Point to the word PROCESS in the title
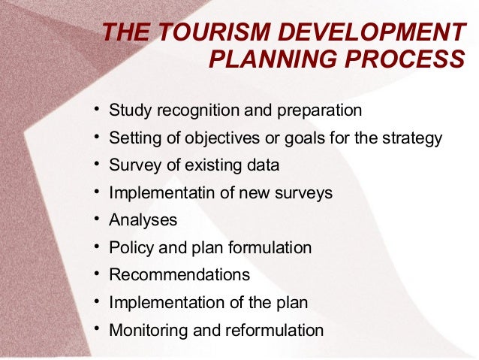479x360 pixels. point(411,59)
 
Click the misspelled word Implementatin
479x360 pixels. point(162,193)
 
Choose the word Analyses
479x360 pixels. point(143,220)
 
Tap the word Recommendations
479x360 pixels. point(179,275)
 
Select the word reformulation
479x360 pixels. point(270,330)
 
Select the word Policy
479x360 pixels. point(131,248)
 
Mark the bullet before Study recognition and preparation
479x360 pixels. point(98,110)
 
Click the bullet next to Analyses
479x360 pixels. point(98,219)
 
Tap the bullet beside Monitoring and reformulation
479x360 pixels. point(98,329)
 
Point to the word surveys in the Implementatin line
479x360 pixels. point(303,193)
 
